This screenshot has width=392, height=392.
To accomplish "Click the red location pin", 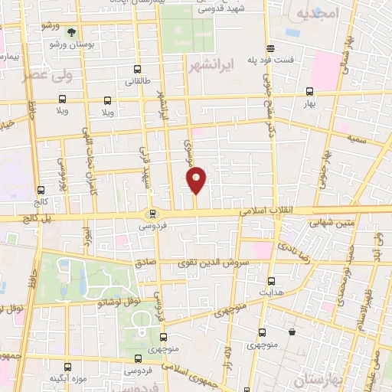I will (197, 180).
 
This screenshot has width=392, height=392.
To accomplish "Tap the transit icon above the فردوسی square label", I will (153, 214).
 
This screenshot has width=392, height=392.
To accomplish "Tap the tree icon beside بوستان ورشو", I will (71, 32).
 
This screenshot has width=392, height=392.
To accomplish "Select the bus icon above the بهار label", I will (310, 90).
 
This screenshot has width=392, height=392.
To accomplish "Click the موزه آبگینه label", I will (67, 378).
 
